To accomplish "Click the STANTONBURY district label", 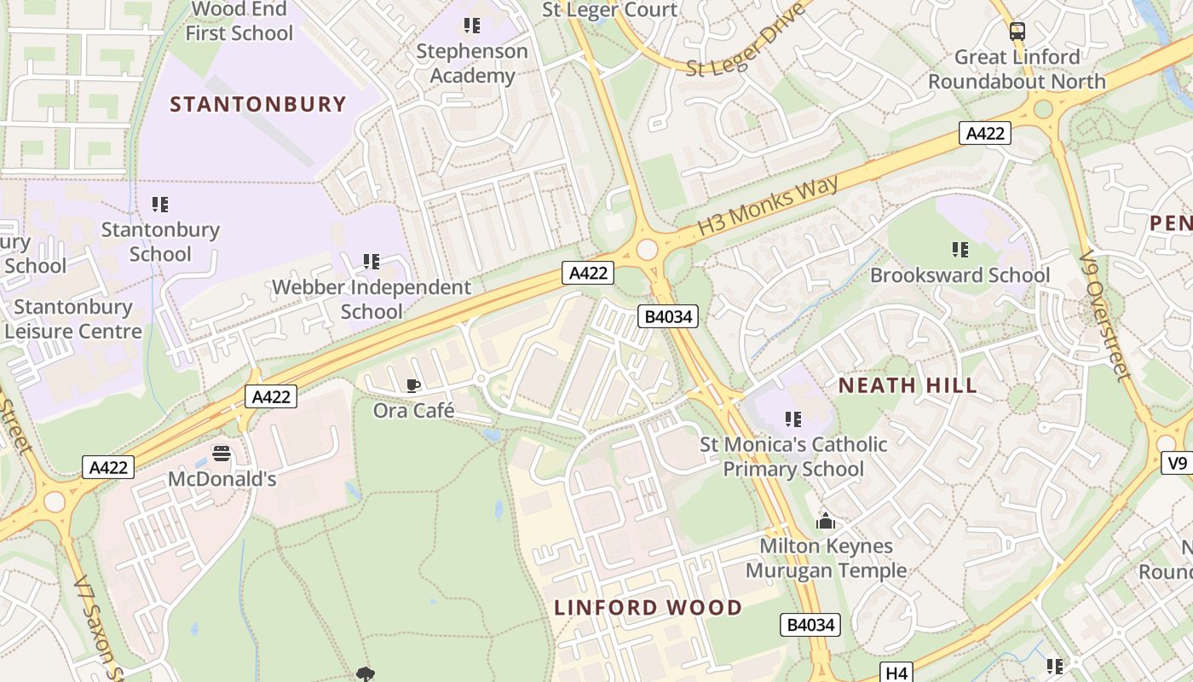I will [258, 105].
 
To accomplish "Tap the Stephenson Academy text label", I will [471, 63].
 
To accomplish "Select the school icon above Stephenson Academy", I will [471, 26].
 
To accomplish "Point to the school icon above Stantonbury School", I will [159, 205].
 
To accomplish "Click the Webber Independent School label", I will [371, 299].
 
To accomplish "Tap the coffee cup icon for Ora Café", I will [413, 386].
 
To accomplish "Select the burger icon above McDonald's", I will [222, 454].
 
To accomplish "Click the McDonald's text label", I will [222, 479].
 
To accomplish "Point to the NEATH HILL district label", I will [908, 385].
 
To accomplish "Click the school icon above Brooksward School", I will [960, 250].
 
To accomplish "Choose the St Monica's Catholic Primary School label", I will [793, 456].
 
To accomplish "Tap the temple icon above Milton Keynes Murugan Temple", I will [825, 520].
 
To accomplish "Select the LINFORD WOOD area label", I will [648, 608].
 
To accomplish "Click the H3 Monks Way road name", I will [769, 205].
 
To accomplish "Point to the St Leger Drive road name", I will [746, 40].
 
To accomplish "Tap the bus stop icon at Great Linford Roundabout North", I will [1017, 32].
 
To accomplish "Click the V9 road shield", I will [1177, 463].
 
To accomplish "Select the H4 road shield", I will [896, 673].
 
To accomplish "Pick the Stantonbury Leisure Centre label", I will [73, 319].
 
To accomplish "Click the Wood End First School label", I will [239, 21].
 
